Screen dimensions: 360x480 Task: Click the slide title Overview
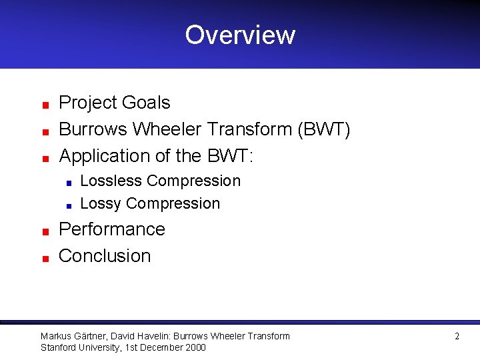click(240, 35)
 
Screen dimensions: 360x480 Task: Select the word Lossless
click(111, 181)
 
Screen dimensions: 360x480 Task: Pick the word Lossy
click(101, 203)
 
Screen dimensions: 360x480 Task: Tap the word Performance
click(112, 229)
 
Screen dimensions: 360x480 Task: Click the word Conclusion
click(105, 256)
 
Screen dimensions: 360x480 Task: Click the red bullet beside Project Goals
click(44, 105)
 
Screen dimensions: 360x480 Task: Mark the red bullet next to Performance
click(44, 231)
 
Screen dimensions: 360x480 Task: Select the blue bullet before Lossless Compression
click(69, 183)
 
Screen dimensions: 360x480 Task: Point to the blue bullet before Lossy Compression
click(69, 205)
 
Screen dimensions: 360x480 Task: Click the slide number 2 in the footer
click(457, 337)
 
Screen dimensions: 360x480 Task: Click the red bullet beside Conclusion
click(44, 258)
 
